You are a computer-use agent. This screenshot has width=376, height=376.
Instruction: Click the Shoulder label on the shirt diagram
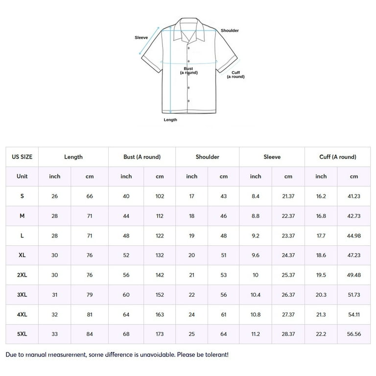(x=230, y=30)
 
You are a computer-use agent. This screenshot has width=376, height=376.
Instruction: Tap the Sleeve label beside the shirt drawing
(x=141, y=38)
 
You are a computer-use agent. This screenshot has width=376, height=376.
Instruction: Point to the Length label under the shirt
(x=170, y=119)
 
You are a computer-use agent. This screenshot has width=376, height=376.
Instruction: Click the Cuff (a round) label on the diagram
(x=235, y=74)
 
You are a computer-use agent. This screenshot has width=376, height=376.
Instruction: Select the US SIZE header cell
(x=22, y=157)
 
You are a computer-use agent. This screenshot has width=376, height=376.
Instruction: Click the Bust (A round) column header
(x=142, y=157)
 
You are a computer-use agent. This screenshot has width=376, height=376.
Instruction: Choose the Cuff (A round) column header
(x=338, y=157)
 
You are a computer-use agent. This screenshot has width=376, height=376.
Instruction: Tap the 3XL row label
(x=22, y=295)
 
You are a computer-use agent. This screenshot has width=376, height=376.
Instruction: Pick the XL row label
(x=22, y=255)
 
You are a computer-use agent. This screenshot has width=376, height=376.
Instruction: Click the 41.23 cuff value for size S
(x=354, y=196)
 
